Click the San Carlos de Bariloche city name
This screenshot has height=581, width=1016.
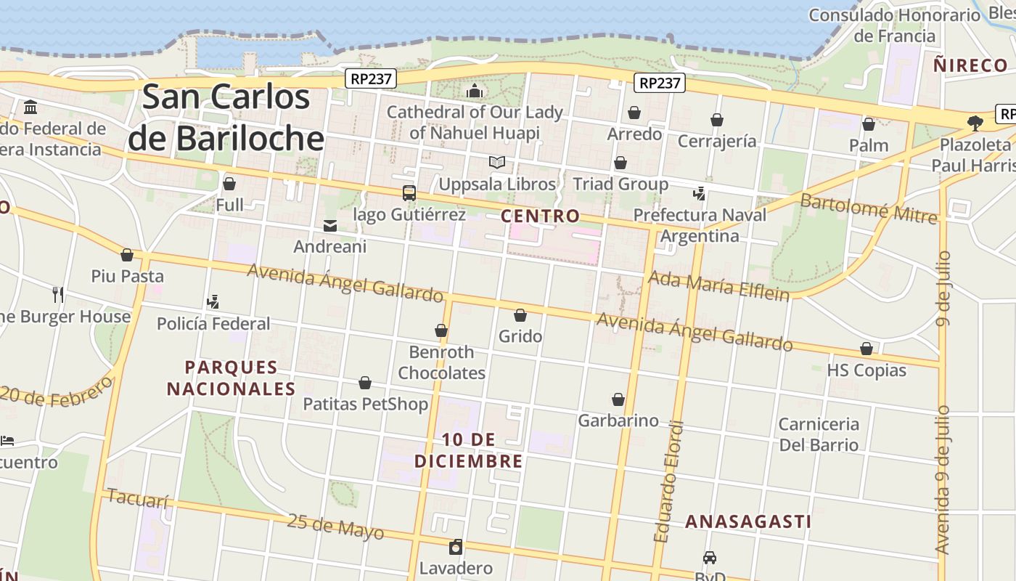226,117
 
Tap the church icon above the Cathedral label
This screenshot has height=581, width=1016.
475,91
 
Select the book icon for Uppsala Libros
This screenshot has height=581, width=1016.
497,163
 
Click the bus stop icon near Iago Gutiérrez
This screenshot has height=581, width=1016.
409,193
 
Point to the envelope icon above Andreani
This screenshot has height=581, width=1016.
330,226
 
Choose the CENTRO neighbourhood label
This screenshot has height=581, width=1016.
541,216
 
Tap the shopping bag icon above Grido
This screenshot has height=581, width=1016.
520,315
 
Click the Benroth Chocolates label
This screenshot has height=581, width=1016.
441,362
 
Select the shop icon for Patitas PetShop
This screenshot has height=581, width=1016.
365,383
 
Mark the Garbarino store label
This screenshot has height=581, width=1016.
618,420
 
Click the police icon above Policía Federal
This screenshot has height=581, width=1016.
213,302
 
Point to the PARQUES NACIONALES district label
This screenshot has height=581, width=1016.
232,378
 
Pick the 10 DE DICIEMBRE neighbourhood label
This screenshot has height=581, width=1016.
469,450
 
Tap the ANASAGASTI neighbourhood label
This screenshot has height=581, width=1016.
748,521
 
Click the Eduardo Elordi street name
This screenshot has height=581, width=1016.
668,481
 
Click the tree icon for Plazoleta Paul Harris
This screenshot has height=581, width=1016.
975,123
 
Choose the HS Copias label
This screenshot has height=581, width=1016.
867,370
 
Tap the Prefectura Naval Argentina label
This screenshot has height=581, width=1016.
700,225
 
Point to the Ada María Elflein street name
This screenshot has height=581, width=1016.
718,285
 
